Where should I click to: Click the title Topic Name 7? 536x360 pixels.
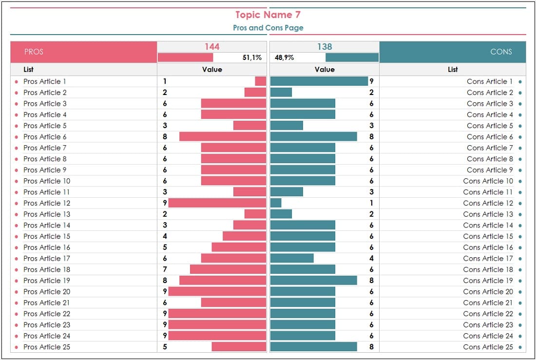coord(268,15)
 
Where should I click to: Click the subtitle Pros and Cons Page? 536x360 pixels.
coord(268,28)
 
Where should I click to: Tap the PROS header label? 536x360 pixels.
coord(34,52)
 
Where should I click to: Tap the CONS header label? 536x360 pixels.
coord(501,52)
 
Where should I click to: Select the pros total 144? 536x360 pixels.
coord(212,47)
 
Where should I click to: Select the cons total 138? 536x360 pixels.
coord(325,47)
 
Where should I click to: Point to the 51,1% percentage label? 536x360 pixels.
coord(252,57)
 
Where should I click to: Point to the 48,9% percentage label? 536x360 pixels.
coord(284,57)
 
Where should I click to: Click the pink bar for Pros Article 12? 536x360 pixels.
coord(217,203)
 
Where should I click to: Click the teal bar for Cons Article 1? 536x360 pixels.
coord(319,81)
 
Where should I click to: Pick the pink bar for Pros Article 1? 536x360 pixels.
coord(261,81)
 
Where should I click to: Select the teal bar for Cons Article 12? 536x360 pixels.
coord(276,203)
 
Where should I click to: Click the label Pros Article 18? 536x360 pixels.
coord(47,269)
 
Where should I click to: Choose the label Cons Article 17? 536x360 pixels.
coord(488,258)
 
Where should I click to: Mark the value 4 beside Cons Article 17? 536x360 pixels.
coord(371,258)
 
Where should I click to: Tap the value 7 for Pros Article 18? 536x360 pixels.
coord(165,269)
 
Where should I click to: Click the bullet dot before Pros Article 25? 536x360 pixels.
coord(16,347)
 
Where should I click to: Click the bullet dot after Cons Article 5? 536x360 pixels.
coord(520,126)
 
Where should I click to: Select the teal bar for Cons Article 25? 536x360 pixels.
coord(313,347)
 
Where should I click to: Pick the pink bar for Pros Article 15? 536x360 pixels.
coord(245,236)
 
